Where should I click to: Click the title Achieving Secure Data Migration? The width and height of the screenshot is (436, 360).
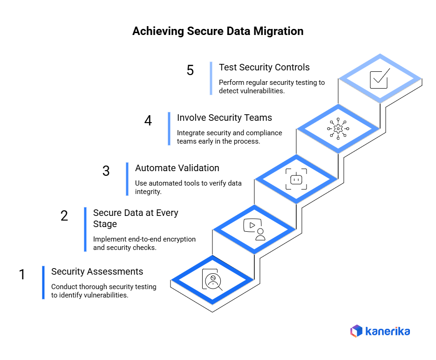pos(218,31)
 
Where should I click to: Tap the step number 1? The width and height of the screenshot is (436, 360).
pos(22,275)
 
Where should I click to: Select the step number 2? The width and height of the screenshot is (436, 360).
pos(64,215)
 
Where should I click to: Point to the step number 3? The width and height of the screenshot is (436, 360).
pos(106,171)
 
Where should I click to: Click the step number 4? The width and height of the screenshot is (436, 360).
pos(148,121)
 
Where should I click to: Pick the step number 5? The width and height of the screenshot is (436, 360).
pos(190,70)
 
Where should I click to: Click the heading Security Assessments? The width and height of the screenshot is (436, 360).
pos(97,271)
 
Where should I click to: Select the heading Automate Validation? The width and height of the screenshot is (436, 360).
pos(177,168)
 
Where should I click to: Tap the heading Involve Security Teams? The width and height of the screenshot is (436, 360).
pos(225,118)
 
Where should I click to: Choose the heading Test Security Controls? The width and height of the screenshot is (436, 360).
pos(264,67)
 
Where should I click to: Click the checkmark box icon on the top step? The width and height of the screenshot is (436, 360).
pos(379,79)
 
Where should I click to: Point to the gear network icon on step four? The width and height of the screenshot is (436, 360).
pos(338,129)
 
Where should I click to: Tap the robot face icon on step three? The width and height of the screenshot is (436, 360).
pos(296,179)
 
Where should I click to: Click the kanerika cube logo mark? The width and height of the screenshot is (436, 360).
pos(356,331)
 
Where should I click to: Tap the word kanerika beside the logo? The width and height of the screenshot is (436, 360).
pos(388,332)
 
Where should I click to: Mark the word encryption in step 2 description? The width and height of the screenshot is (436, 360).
pos(178,239)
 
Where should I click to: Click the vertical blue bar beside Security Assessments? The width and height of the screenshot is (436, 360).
pos(43,283)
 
